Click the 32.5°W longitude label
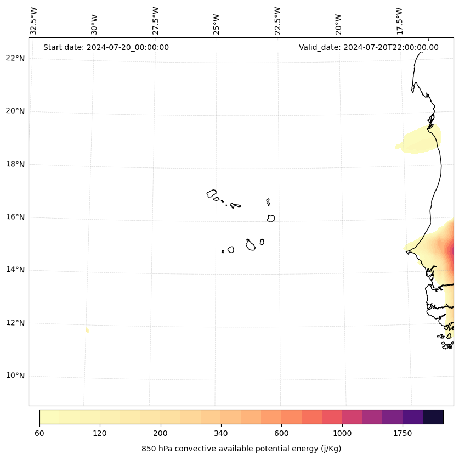34,21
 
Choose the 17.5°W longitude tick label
399,21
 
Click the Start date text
106,47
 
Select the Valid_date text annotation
369,47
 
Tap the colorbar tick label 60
39,433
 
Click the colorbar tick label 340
221,433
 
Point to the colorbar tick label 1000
342,433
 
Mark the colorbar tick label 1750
403,433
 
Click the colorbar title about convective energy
241,449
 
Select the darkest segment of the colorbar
433,417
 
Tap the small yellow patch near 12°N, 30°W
87,330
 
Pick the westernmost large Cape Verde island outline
212,193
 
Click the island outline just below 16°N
271,218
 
